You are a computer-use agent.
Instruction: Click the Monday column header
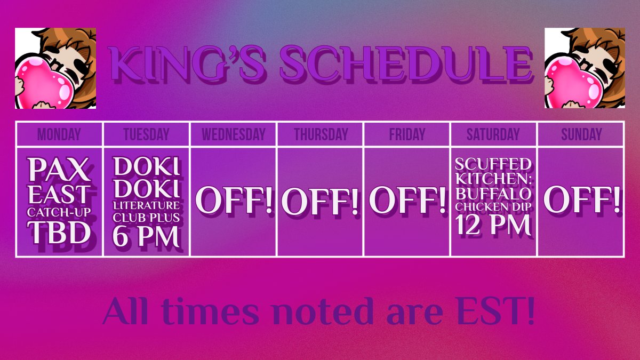59,134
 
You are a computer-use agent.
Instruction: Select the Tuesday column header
146,134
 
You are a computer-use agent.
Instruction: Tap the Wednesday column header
233,134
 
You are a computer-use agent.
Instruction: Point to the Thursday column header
320,134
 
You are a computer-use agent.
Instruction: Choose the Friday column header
407,134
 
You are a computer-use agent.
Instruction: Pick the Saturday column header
493,134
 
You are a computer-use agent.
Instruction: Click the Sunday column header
581,134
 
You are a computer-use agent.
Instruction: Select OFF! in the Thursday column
320,202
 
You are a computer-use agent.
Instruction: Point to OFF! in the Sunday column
581,200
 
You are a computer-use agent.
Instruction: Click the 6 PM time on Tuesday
146,237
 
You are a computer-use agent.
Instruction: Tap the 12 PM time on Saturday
493,226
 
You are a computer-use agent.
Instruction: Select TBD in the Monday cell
59,234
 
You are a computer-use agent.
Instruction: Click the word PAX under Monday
59,170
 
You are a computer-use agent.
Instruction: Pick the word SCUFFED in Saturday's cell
493,163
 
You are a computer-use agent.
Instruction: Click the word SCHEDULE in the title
405,64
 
